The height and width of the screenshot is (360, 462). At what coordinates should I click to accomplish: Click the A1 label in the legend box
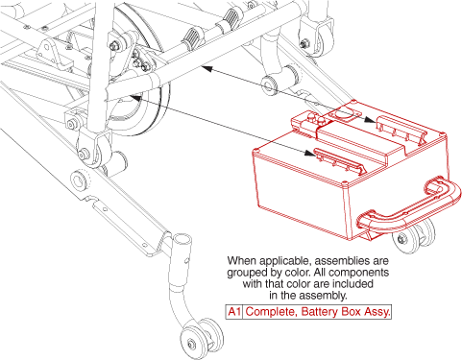click(234, 311)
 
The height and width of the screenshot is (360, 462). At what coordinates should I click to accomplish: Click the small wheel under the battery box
click(413, 236)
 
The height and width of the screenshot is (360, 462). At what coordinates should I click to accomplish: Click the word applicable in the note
click(285, 261)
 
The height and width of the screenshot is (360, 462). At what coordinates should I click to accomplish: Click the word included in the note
click(353, 283)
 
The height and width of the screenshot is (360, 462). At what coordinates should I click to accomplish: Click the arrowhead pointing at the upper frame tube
click(207, 68)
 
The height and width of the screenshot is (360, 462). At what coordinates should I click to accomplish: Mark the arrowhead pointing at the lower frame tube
click(135, 98)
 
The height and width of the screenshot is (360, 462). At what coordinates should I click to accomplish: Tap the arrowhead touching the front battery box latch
click(309, 153)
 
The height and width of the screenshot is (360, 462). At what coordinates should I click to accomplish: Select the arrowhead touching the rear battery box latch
click(371, 119)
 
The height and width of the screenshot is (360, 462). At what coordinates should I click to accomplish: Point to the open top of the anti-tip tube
click(182, 238)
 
